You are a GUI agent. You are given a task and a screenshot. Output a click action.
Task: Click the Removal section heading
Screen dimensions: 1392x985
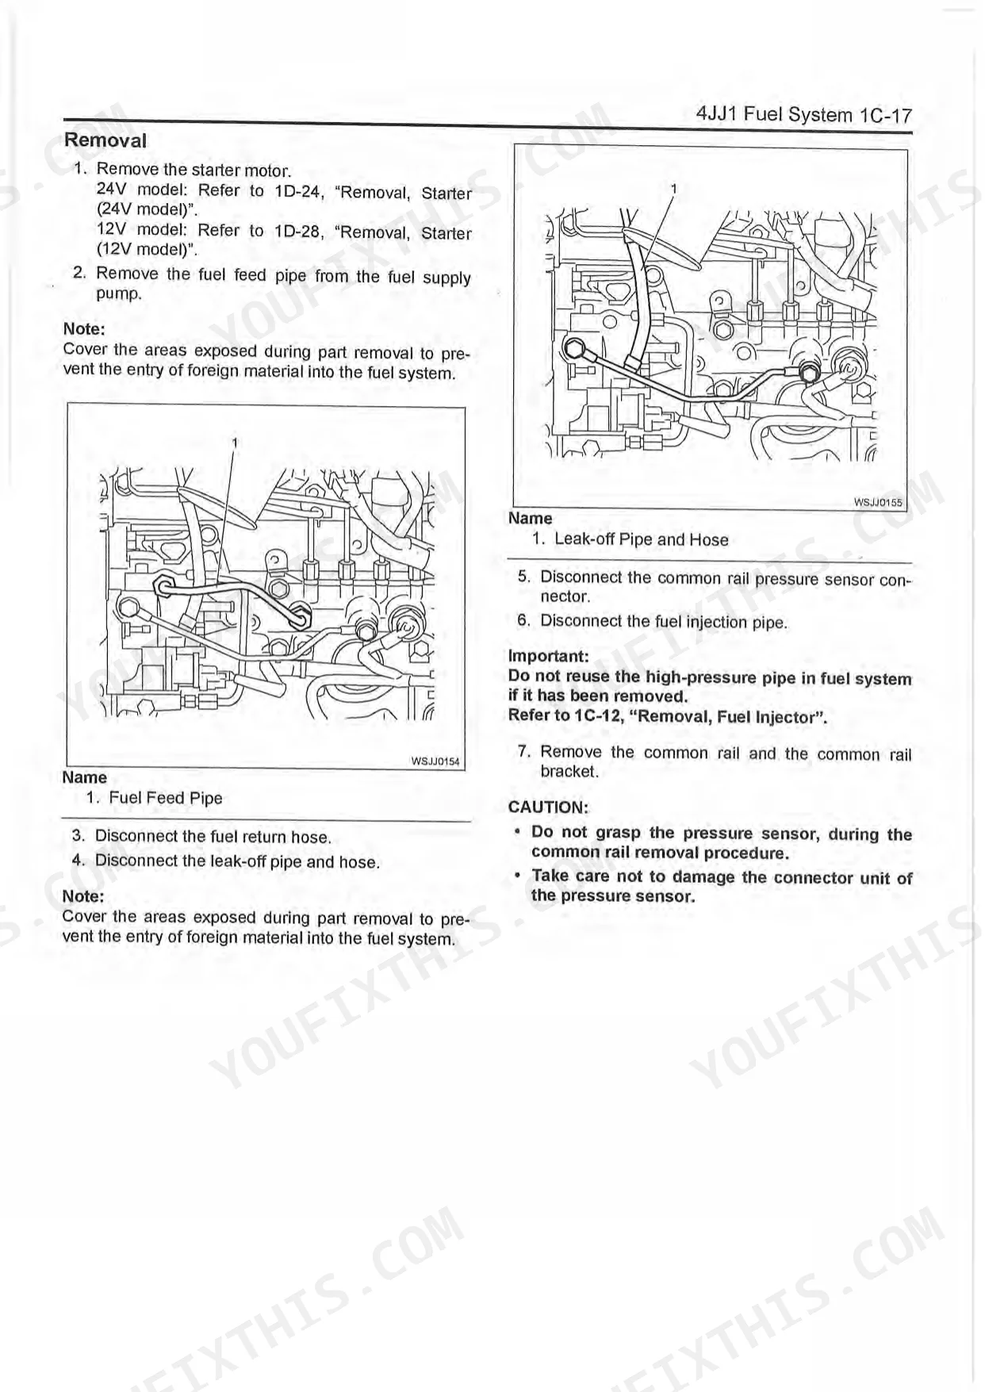[x=105, y=140]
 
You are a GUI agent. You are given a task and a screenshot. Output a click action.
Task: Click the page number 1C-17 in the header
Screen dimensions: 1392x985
[x=885, y=115]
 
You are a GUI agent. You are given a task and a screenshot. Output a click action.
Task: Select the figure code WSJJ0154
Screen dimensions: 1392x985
[x=435, y=761]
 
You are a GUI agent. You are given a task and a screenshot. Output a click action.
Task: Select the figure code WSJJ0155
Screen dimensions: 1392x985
[x=877, y=502]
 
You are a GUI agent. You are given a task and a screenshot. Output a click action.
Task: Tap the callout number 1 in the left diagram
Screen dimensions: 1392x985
[x=235, y=443]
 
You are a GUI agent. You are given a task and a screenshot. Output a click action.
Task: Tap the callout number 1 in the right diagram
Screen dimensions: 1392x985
[x=673, y=189]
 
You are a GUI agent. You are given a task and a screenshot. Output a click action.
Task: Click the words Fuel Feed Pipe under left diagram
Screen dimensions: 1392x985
[x=166, y=798]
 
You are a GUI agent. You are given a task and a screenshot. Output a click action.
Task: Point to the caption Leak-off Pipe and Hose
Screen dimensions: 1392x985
[x=641, y=539]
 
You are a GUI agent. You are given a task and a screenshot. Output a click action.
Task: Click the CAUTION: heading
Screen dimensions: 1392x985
[x=548, y=807]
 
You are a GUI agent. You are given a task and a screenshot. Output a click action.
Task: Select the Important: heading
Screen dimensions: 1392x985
[x=548, y=657]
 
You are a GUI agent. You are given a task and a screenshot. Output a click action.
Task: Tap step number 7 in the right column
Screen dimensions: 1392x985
[x=523, y=751]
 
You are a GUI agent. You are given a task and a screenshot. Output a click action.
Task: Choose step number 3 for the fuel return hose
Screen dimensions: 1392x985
[x=78, y=835]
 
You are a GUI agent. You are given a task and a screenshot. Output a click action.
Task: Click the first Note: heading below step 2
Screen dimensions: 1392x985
[x=84, y=329]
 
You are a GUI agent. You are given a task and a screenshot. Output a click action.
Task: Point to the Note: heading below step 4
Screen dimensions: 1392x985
[x=83, y=896]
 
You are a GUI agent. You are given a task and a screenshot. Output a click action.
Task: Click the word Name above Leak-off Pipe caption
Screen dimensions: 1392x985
[x=530, y=518]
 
